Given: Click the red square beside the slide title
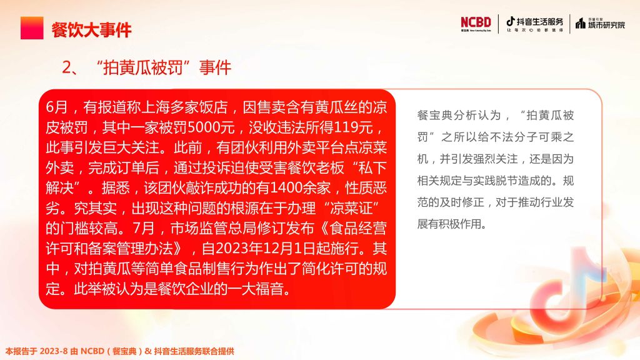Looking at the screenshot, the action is tap(32, 27).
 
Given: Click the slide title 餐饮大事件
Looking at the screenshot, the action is tap(91, 30).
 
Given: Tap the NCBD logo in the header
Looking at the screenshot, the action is tap(476, 24).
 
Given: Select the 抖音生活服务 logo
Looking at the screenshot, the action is tap(534, 24).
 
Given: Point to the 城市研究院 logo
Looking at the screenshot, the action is tap(600, 24).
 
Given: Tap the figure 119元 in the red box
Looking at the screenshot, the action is tap(353, 127).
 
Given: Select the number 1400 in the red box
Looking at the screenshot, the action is tap(287, 187).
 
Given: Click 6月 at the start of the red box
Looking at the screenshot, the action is tap(57, 107).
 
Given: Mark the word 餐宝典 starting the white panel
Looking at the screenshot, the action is tap(435, 116).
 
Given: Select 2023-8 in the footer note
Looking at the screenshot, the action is tap(54, 351).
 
